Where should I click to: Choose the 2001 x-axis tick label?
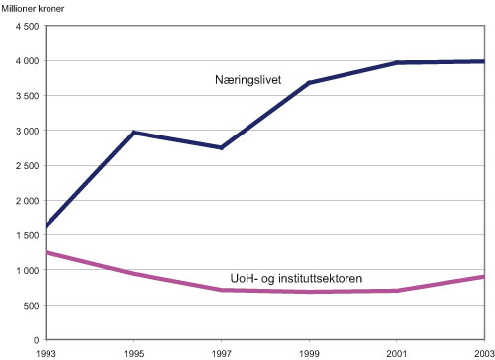396,352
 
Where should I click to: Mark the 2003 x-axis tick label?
482,352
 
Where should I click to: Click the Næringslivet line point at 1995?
132,133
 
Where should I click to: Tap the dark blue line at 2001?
396,63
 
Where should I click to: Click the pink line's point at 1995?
132,273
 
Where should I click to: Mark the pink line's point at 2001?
396,291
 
